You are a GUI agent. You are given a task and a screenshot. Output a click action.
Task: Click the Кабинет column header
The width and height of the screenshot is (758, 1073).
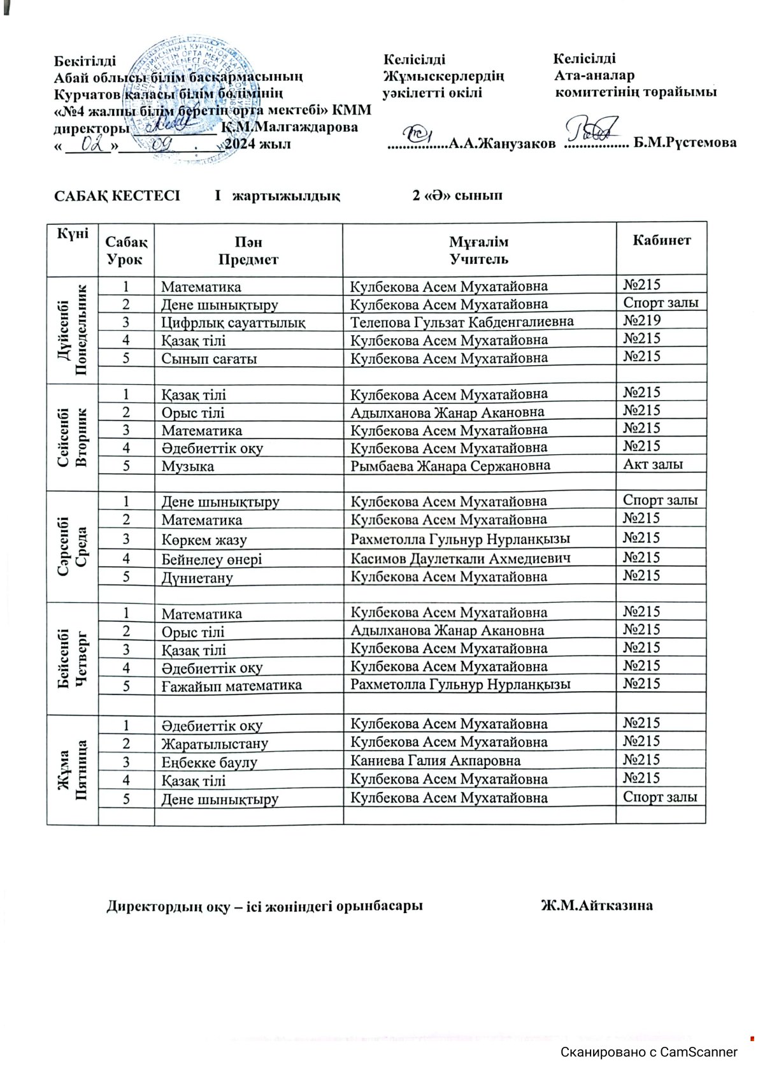[661, 241]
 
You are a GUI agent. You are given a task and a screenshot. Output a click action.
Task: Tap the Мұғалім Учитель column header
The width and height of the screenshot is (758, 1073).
[479, 250]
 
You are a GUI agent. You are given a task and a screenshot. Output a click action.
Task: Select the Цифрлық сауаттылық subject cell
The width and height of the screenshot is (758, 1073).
[233, 322]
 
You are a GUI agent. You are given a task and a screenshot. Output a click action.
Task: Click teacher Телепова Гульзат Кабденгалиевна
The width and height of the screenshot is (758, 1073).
[462, 322]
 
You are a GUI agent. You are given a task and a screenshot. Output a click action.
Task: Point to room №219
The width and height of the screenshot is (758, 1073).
[642, 320]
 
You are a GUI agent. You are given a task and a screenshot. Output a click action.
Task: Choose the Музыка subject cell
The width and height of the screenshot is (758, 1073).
[188, 466]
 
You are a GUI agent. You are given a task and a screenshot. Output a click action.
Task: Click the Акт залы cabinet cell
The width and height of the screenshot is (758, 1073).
[653, 464]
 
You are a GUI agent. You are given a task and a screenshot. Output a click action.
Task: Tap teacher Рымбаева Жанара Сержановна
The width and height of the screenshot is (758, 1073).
[450, 466]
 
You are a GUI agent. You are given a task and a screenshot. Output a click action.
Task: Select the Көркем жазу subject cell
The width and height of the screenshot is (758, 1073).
[204, 540]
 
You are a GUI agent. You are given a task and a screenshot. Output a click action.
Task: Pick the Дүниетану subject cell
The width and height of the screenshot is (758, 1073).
[197, 578]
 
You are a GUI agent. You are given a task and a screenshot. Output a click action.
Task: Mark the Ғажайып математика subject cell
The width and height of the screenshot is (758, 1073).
[231, 686]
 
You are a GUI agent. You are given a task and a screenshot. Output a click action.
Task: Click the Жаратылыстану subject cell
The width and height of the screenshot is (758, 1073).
[215, 744]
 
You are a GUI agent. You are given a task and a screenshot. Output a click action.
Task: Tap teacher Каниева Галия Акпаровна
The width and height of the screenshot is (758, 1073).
[436, 760]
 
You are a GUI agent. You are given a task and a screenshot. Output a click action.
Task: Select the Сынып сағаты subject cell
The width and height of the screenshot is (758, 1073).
[209, 358]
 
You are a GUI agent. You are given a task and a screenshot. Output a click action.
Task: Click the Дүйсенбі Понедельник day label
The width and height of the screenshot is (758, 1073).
[72, 329]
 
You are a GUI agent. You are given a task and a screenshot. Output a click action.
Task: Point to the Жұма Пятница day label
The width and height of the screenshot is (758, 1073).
[72, 769]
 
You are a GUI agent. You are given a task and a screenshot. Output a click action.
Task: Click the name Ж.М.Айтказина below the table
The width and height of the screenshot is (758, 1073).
[597, 905]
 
